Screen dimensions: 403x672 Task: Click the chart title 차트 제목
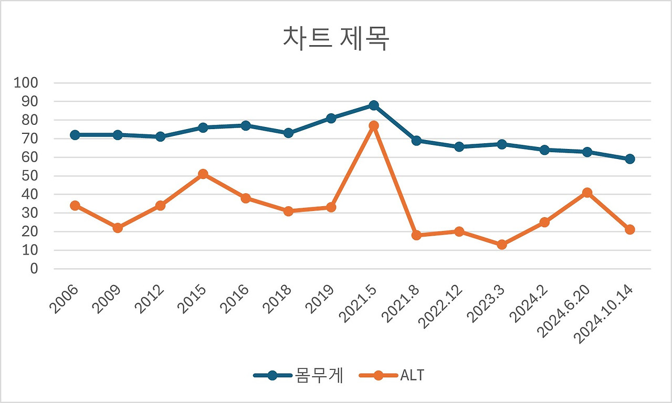point(336,39)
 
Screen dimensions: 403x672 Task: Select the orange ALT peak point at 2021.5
point(374,125)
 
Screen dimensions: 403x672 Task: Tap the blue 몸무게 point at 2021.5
point(374,105)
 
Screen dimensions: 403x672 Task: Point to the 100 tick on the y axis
point(26,83)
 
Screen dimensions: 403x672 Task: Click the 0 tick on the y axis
point(35,269)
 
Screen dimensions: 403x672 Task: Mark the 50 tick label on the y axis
point(29,176)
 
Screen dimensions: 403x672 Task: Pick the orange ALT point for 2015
point(203,174)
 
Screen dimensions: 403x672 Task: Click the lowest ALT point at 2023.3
point(502,245)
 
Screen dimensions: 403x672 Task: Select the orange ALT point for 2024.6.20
point(587,193)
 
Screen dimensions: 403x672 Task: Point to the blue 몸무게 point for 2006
point(75,135)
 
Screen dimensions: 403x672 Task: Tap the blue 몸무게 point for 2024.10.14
point(630,159)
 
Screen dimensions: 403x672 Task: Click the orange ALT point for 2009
point(118,228)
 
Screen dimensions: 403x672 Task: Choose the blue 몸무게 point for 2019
point(331,118)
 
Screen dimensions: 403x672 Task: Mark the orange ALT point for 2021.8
point(416,235)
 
